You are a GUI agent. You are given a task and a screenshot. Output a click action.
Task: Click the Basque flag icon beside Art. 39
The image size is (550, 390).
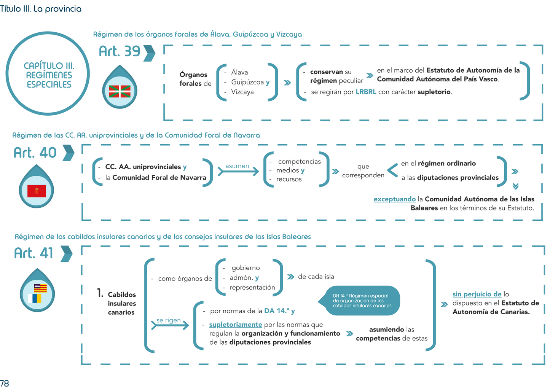[x=120, y=91]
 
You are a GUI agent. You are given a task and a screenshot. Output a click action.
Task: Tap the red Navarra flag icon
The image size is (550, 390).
[x=37, y=191]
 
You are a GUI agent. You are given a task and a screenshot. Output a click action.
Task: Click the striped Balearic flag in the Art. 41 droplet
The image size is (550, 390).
[x=40, y=288]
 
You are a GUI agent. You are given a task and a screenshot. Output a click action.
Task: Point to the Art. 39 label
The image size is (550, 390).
[x=120, y=51]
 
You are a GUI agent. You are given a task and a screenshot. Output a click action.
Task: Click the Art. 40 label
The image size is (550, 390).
[x=35, y=153]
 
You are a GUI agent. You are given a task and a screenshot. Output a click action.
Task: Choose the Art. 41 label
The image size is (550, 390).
[x=33, y=253]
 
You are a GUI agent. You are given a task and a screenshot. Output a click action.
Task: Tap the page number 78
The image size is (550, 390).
[x=5, y=383]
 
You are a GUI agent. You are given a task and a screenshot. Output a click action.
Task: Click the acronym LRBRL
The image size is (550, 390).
[x=366, y=92]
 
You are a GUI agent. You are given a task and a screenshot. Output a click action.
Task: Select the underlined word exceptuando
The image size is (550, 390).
[x=394, y=199]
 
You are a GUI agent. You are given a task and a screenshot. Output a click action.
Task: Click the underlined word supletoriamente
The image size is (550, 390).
[x=236, y=325]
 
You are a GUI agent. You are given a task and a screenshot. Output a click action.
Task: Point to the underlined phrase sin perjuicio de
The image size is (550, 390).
[x=477, y=294]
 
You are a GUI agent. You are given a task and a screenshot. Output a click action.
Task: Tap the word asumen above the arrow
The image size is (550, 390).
[x=237, y=166]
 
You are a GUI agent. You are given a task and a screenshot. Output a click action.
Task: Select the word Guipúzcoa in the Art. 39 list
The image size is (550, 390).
[x=247, y=82]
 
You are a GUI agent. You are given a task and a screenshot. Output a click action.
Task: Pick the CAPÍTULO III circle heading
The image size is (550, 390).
[x=49, y=75]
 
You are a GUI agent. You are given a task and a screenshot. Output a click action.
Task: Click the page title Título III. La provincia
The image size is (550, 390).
[x=41, y=9]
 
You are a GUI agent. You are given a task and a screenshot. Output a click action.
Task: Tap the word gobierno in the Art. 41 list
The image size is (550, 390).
[x=246, y=268]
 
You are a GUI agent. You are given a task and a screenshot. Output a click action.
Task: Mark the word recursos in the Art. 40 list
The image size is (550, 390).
[x=289, y=179]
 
